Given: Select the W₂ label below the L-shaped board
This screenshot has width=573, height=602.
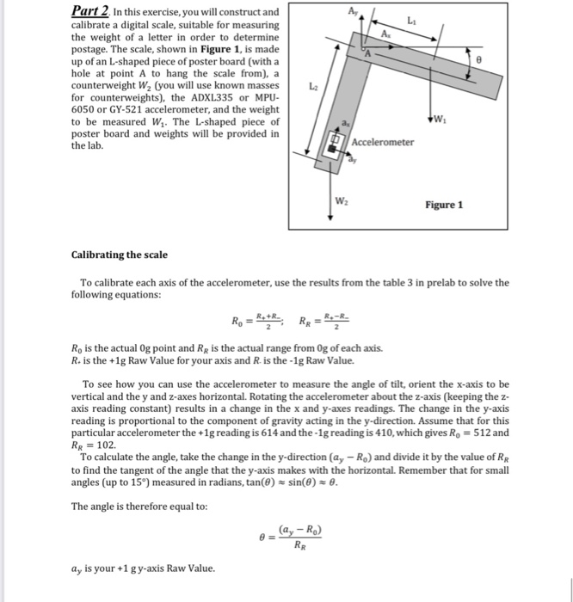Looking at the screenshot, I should (343, 203).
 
